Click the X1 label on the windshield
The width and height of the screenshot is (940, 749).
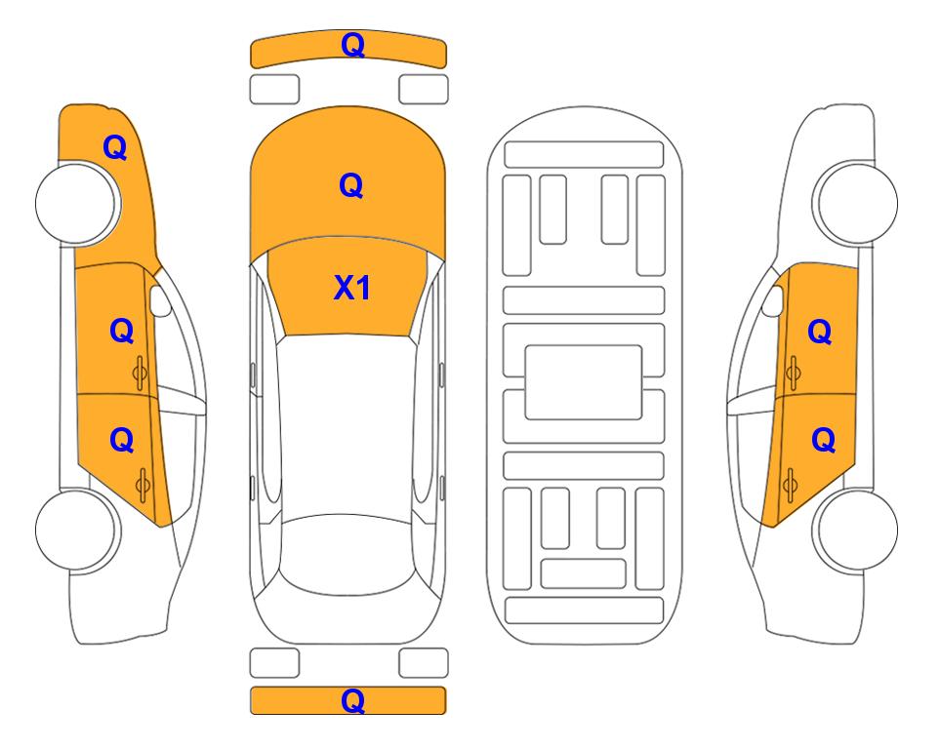pos(352,288)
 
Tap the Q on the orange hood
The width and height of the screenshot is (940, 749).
pos(351,185)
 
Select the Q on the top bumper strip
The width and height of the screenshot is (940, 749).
pos(353,45)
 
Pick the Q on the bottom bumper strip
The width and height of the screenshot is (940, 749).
pos(353,700)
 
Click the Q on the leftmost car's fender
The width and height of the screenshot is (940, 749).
pos(115,147)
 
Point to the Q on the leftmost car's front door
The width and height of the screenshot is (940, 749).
pos(122,331)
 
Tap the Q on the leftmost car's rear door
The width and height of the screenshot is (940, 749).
pos(122,441)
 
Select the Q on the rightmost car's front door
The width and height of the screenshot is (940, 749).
pos(820,332)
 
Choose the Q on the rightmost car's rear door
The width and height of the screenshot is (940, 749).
pos(824,441)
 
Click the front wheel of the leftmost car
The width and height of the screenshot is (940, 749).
pos(77,203)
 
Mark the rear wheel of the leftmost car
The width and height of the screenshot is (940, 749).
pos(77,530)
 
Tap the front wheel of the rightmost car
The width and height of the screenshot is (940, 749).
pos(856,203)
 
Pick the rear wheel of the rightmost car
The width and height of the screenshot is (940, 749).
pos(856,530)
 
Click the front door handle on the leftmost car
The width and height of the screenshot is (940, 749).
pos(141,373)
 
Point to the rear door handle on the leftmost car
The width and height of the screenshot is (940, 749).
pos(143,486)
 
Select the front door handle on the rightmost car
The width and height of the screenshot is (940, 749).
pos(793,373)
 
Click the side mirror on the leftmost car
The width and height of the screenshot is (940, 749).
pos(159,300)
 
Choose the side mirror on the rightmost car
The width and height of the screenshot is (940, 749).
pos(773,300)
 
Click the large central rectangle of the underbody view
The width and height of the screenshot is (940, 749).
pos(584,382)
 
